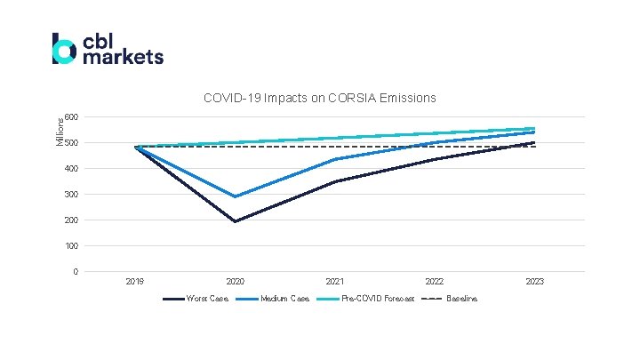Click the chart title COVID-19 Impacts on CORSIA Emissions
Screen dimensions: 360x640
(x=319, y=97)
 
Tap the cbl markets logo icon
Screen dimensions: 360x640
(x=63, y=49)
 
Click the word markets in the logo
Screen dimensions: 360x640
(x=123, y=57)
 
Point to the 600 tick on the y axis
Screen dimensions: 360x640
(x=71, y=117)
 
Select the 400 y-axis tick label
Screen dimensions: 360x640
(x=71, y=169)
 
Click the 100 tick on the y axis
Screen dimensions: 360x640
(x=71, y=246)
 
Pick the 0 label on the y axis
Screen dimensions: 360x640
(x=75, y=272)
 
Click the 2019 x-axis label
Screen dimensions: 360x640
(x=135, y=282)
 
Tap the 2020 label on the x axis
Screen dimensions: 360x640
(x=236, y=282)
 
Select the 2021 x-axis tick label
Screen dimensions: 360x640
(x=335, y=282)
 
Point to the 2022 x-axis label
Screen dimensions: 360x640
(x=435, y=282)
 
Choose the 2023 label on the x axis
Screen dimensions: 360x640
(x=534, y=282)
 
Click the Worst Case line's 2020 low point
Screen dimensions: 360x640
(x=236, y=221)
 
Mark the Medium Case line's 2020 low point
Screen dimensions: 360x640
(x=236, y=196)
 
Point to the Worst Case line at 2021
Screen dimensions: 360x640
(x=335, y=182)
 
